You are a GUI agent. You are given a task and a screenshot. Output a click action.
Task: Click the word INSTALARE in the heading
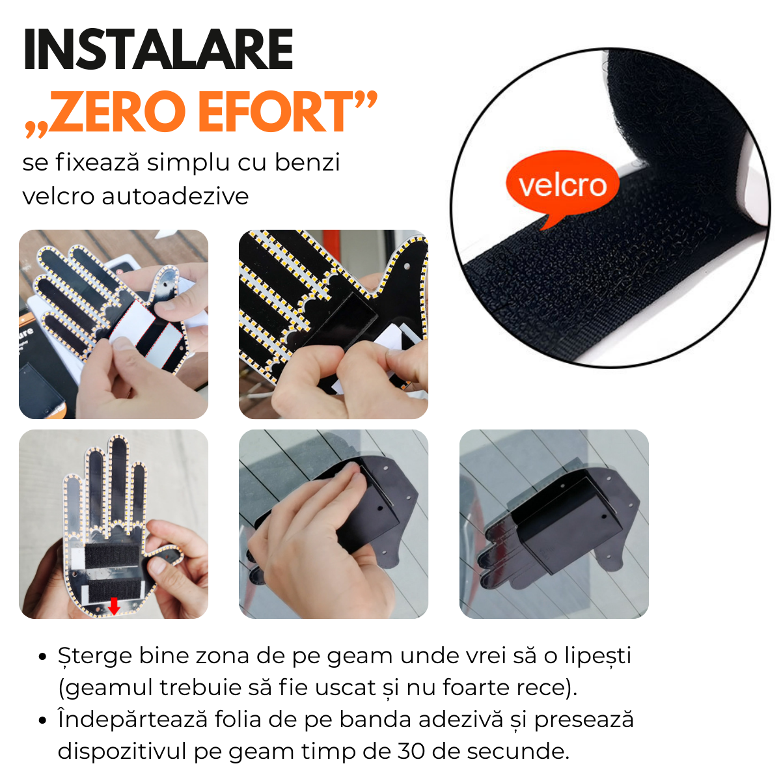pos(158,50)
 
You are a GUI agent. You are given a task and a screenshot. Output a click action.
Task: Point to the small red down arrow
pos(115,606)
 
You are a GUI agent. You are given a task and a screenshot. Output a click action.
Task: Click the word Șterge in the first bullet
pos(95,655)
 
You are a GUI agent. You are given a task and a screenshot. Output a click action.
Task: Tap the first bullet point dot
pos(43,657)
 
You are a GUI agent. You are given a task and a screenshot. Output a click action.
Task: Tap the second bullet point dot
pos(43,720)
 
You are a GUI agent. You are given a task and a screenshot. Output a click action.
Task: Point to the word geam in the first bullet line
pos(361,657)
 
